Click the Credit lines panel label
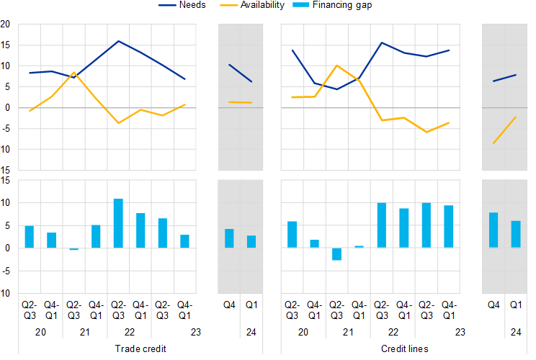point(405,349)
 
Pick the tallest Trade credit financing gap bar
point(118,223)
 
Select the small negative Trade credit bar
point(73,249)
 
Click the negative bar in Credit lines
point(336,254)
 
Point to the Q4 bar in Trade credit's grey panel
point(229,238)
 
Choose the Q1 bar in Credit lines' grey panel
point(516,234)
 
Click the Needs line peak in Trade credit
point(118,41)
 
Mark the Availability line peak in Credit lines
point(337,66)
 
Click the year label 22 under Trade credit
point(129,333)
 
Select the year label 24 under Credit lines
point(516,333)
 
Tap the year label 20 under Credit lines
point(303,333)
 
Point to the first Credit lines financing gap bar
point(292,235)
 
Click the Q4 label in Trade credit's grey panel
point(229,305)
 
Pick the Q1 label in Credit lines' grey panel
point(516,305)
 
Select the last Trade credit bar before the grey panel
point(184,241)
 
